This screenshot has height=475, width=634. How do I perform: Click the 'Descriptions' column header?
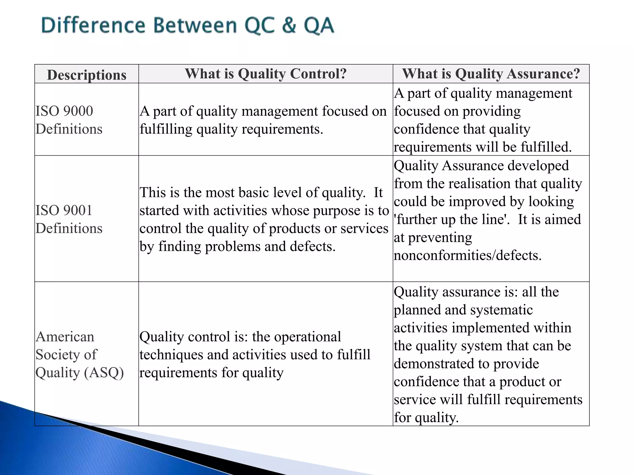[87, 75]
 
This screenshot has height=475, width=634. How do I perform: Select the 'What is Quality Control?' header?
[266, 74]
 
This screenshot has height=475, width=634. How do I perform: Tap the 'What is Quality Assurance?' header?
[491, 74]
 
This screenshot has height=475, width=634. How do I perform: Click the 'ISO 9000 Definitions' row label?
[69, 120]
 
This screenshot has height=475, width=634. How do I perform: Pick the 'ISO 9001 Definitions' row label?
[69, 219]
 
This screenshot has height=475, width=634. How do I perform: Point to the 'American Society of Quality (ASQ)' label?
[80, 354]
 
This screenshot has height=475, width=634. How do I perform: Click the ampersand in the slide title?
[289, 25]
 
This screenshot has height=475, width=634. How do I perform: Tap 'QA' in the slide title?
[319, 25]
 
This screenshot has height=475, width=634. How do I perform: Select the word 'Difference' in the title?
[93, 25]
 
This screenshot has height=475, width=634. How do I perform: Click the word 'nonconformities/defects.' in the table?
[467, 255]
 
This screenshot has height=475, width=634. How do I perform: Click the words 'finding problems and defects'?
[247, 246]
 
